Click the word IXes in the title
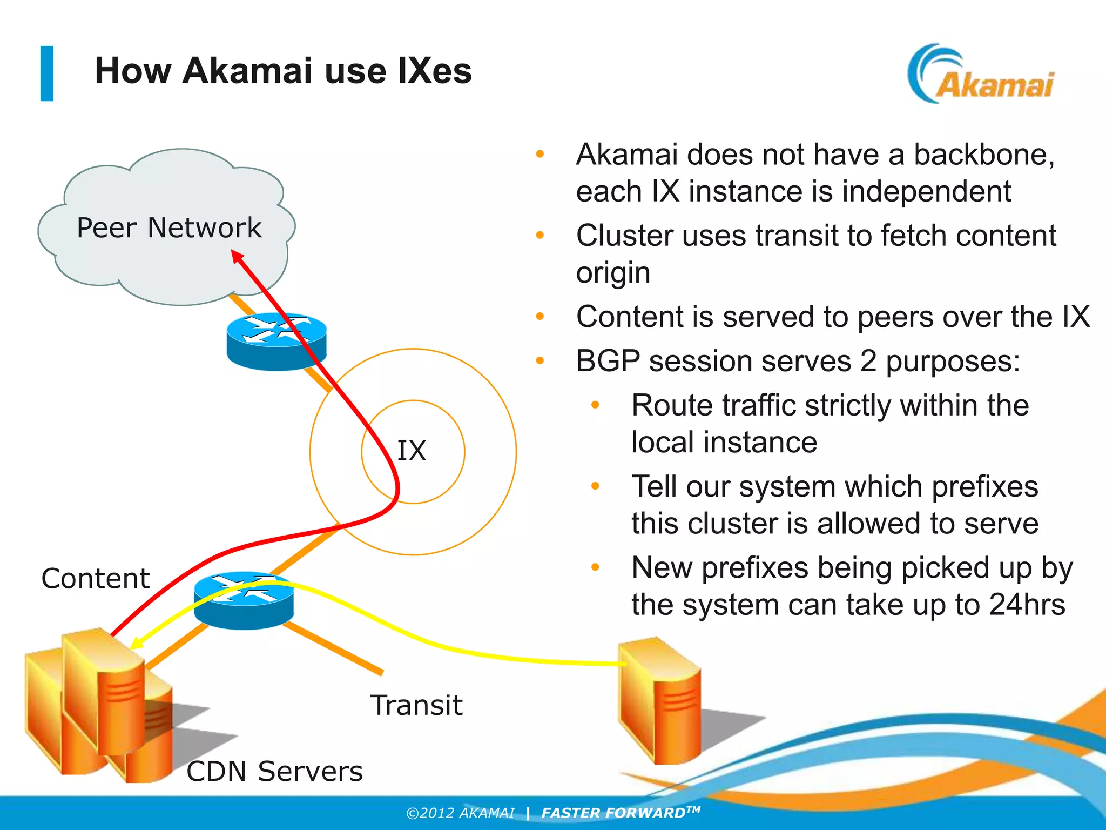434,71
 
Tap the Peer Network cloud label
169,227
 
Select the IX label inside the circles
412,451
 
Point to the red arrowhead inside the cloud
237,256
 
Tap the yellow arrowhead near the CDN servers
136,643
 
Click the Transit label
416,705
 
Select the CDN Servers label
274,771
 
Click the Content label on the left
96,579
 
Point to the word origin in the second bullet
613,273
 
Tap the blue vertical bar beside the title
47,73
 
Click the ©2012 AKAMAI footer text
460,813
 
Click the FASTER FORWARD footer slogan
621,813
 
